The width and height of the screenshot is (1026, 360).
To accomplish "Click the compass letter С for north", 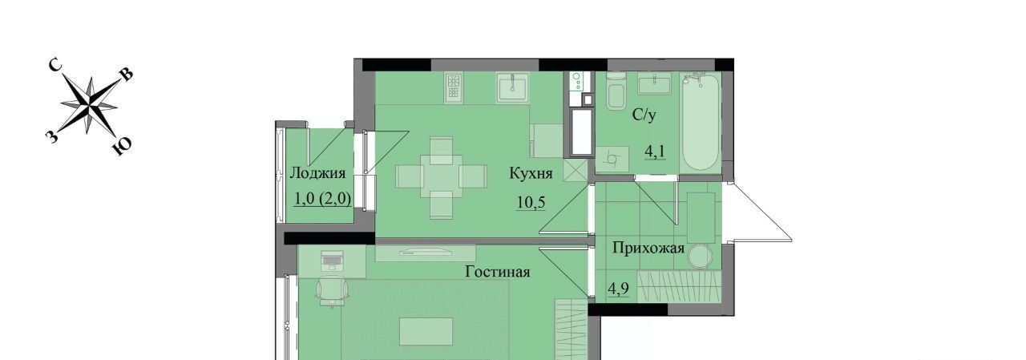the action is pos(55,66).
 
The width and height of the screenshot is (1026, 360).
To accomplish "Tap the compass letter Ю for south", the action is pos(122,147).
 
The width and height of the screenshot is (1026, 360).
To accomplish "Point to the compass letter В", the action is pos(127,75).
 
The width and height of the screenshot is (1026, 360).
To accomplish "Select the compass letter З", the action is pos(52,136).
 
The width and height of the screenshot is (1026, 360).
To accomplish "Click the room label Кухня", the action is pos(531,174).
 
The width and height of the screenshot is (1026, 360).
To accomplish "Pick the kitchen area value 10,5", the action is pos(531,201).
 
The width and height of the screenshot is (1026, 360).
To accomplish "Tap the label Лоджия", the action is pos(317,173).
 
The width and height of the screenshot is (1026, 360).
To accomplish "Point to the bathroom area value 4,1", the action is pos(655,152).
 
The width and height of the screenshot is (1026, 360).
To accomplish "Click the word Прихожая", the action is pos(648,249).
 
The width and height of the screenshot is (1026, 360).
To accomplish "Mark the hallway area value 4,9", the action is pos(618,289).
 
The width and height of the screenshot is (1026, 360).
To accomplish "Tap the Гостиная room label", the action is pos(498,272).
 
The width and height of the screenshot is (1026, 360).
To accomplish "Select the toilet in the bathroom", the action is pos(616,91).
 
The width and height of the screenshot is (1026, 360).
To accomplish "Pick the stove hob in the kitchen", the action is pos(453,87).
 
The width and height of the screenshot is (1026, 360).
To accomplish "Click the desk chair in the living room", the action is pos(332,290).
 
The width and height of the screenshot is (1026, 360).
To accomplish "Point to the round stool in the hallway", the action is pos(701,256).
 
